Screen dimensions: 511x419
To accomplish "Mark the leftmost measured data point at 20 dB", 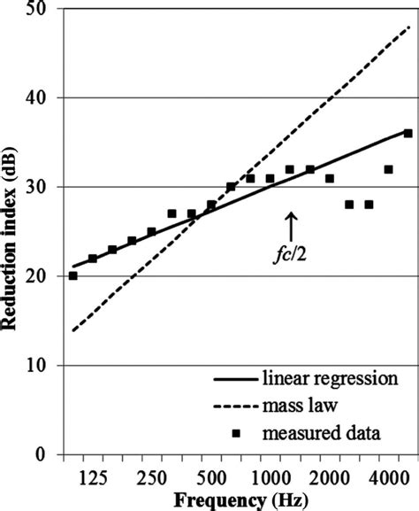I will (x=73, y=275).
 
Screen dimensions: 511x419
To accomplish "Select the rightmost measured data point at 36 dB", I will (x=408, y=133).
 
